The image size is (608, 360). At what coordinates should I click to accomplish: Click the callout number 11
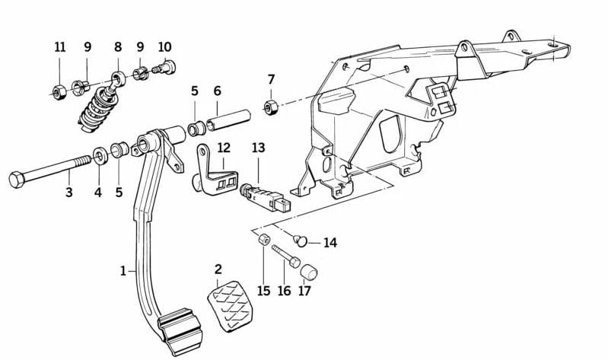click(x=60, y=47)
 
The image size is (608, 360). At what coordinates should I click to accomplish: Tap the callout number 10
click(x=165, y=47)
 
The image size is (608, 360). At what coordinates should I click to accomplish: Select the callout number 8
click(x=118, y=47)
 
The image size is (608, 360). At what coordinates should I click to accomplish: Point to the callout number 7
click(x=270, y=79)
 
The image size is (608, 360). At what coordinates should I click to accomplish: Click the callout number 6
click(x=217, y=91)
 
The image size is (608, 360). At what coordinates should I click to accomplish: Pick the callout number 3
click(x=68, y=193)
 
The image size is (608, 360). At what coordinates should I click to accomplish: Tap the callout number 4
click(x=97, y=193)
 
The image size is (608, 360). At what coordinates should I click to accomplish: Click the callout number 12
click(x=223, y=148)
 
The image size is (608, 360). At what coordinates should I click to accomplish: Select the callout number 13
click(x=259, y=148)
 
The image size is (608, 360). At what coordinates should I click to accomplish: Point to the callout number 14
click(x=329, y=244)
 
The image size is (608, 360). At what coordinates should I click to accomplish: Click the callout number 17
click(x=304, y=291)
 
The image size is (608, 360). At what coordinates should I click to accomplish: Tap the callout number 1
click(x=123, y=270)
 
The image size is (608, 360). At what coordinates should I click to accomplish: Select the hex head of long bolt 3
click(x=17, y=181)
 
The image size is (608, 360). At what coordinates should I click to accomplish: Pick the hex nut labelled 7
click(x=269, y=105)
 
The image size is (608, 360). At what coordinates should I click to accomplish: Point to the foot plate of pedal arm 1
click(x=179, y=329)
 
